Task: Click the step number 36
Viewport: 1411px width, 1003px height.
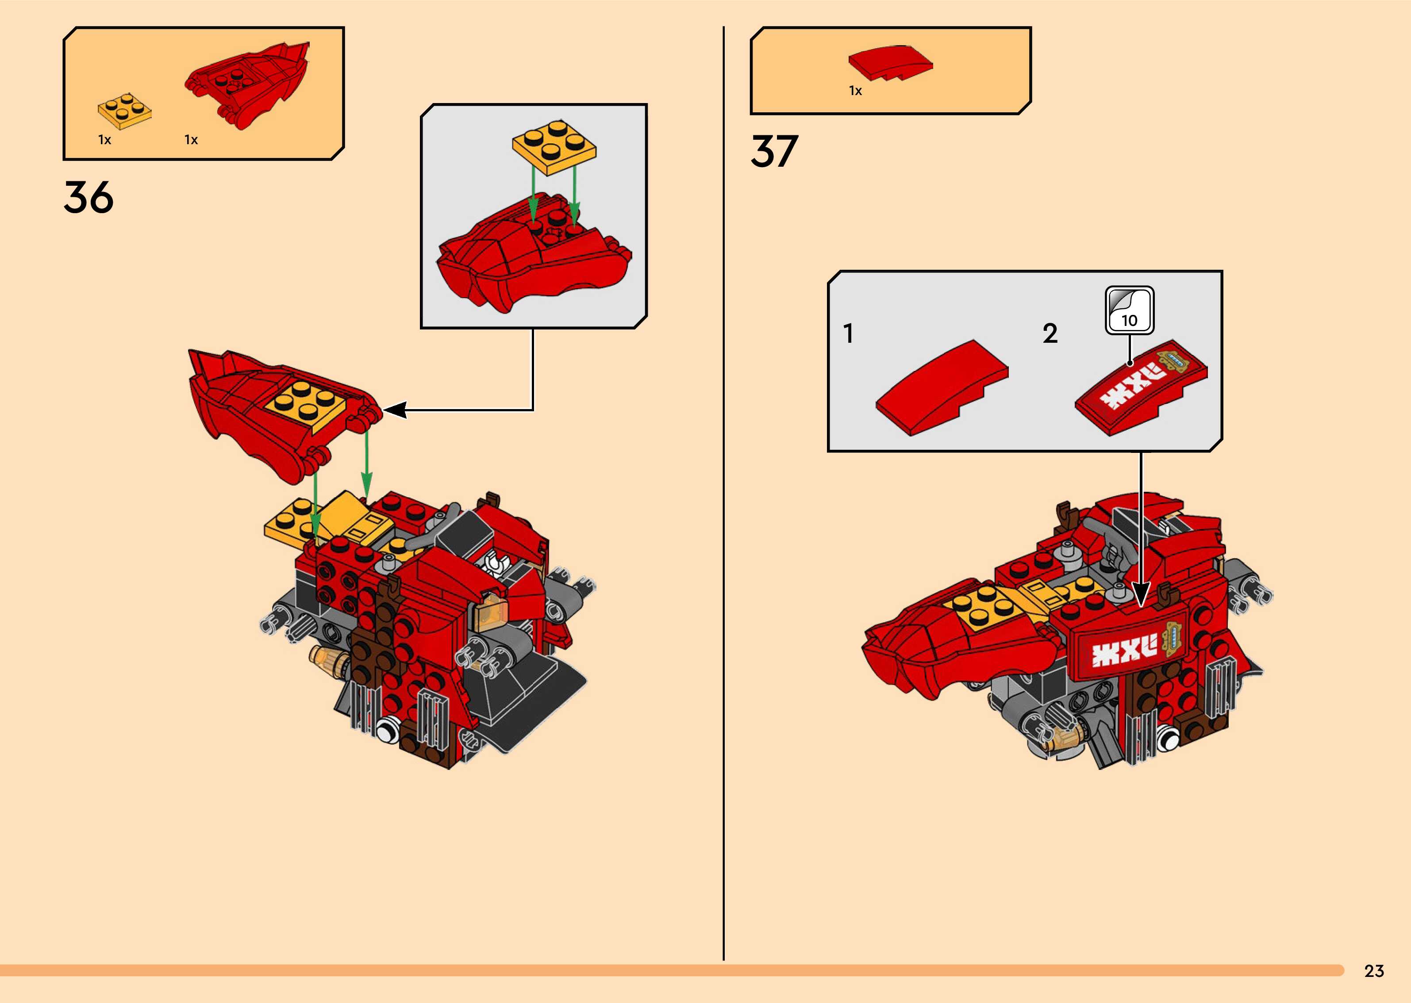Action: pyautogui.click(x=88, y=198)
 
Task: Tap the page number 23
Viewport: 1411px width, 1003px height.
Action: pyautogui.click(x=1374, y=971)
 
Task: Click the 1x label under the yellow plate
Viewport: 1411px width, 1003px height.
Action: pyautogui.click(x=104, y=140)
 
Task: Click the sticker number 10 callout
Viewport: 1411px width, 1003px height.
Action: pyautogui.click(x=1129, y=310)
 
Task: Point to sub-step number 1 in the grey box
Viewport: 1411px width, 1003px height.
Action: pyautogui.click(x=848, y=333)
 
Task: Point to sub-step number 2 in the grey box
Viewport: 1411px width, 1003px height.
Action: pyautogui.click(x=1050, y=333)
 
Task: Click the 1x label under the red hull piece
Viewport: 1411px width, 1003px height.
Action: pyautogui.click(x=191, y=140)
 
